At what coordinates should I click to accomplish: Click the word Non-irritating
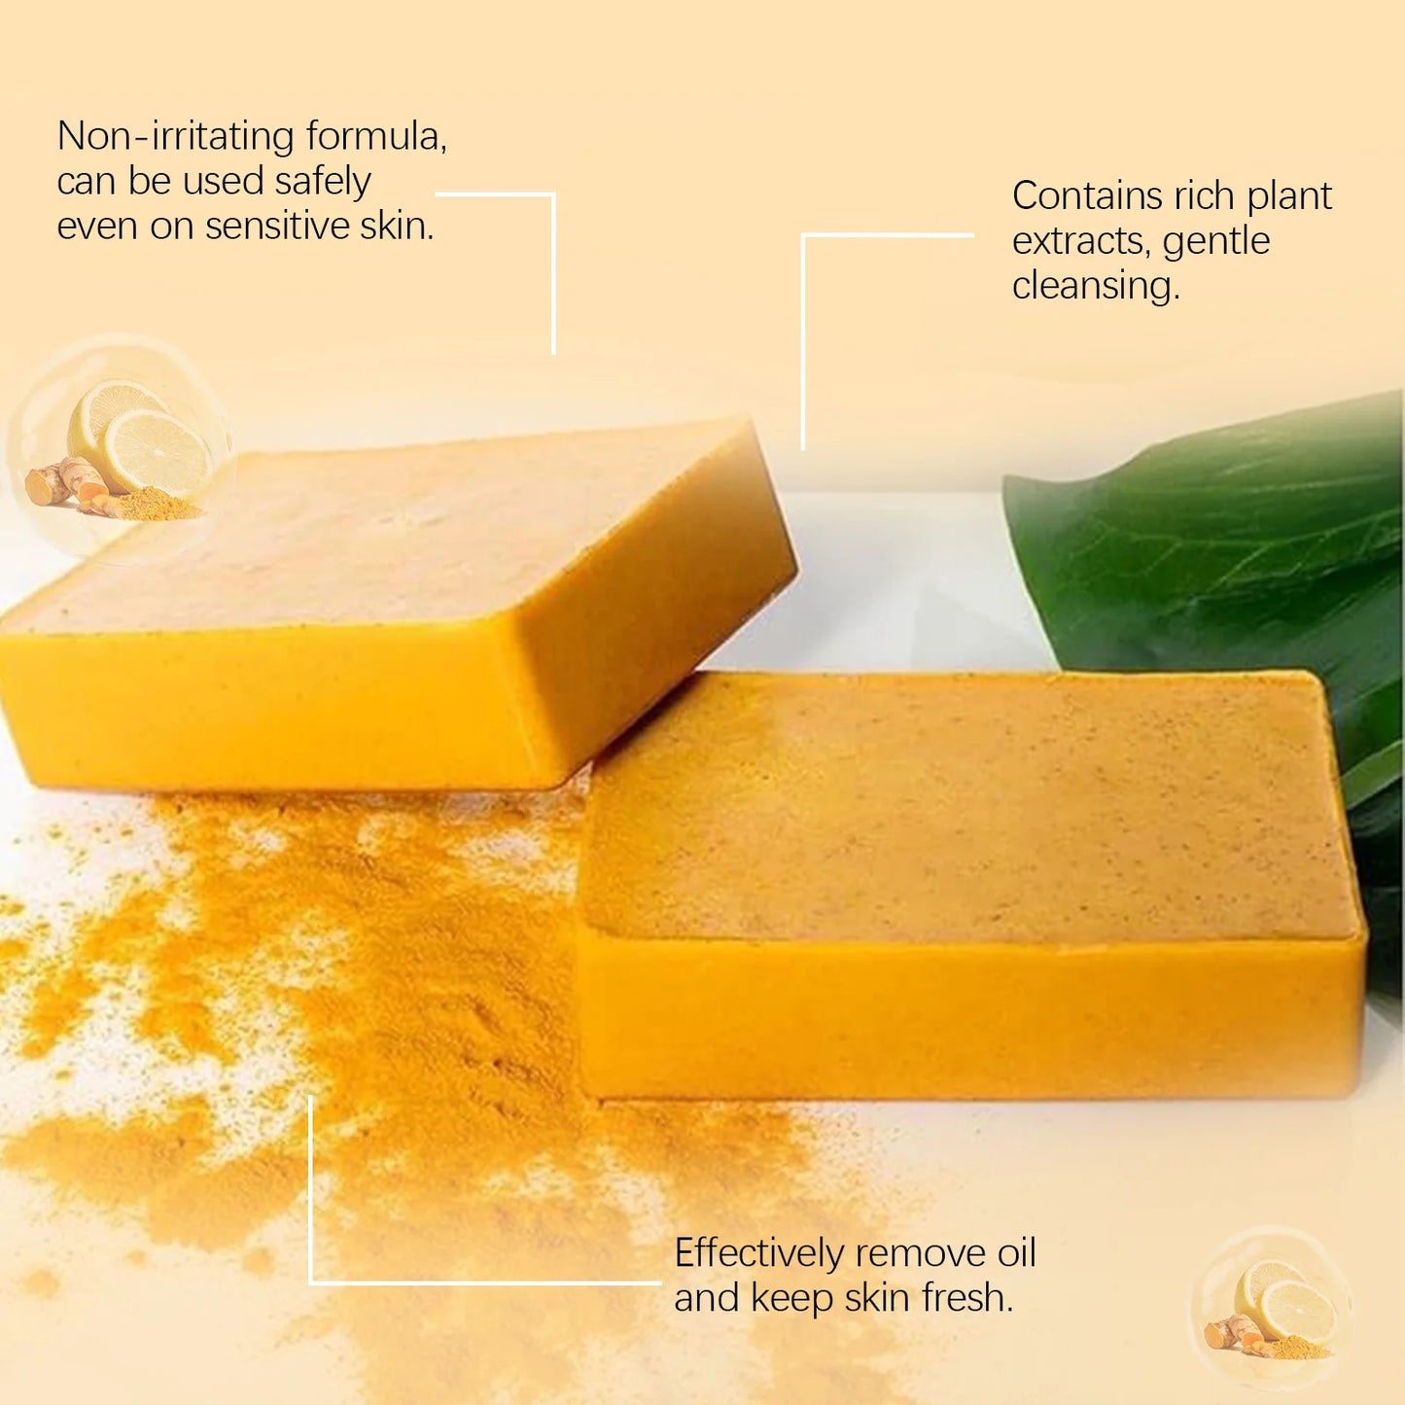click(175, 136)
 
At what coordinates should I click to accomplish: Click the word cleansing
click(1095, 286)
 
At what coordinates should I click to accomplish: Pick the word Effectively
click(758, 1254)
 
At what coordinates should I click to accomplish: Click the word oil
click(1016, 1253)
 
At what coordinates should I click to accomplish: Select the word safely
click(322, 182)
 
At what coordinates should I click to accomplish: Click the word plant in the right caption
click(1289, 196)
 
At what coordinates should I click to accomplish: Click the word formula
click(375, 136)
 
